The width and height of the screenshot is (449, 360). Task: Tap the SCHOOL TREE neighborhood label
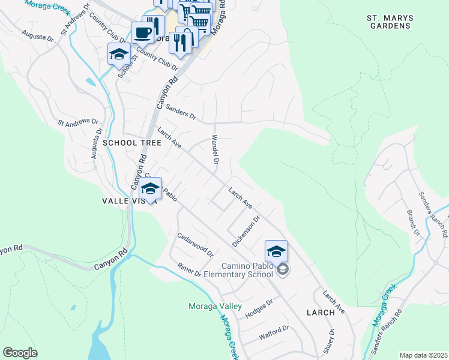132,143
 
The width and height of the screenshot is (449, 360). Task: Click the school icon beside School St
119,54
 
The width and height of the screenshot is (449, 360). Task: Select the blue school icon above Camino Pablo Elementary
276,250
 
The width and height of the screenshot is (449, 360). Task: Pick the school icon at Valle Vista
151,188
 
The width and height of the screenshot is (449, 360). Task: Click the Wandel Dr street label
214,149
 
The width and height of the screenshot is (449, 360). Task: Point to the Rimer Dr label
189,270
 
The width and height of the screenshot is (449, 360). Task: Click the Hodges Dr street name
259,305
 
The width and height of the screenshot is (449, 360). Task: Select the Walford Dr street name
274,331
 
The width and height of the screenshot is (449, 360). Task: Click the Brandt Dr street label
413,222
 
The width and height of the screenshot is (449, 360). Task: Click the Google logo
20,353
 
